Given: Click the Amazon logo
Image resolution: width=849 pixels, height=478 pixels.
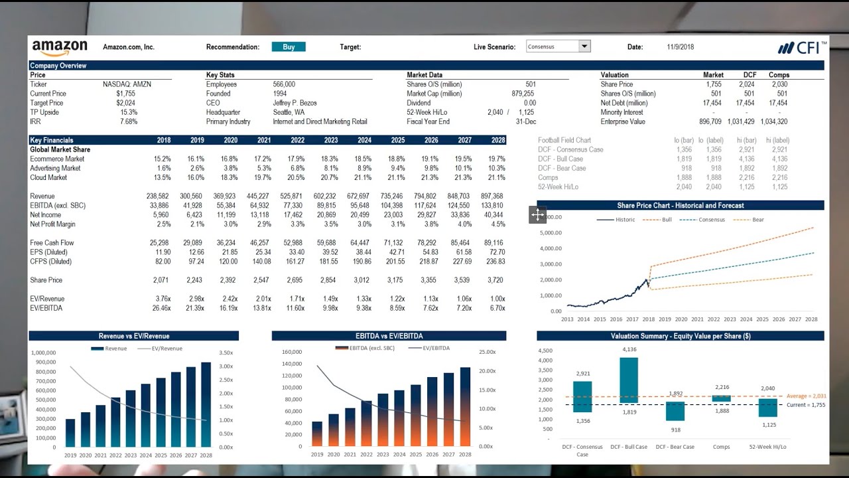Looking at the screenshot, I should coord(60,48).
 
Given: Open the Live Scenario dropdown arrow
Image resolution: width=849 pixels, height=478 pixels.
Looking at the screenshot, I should coord(584,46).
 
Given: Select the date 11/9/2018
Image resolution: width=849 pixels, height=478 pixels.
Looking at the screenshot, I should coord(681,47).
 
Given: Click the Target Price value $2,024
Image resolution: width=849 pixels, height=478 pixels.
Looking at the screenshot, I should coord(125,103).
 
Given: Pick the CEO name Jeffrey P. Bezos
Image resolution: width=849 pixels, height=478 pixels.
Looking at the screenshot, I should coord(295,103).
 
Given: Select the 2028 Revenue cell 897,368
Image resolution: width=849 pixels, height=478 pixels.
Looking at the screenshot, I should coord(491,197).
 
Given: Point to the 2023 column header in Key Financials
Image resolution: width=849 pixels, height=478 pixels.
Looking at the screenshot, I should coord(330,140).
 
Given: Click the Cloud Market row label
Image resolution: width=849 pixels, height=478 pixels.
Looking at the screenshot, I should coord(48,177).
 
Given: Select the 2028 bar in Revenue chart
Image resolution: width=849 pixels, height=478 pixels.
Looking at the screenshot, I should coord(206,404).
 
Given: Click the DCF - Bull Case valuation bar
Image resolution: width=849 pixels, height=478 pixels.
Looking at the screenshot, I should coord(629,380).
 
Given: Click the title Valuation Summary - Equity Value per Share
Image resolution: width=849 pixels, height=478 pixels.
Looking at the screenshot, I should coord(681,337).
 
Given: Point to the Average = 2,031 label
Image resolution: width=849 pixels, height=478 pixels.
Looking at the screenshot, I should coord(806,396).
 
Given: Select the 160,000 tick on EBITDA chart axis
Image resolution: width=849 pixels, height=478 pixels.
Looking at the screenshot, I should coord(292,352).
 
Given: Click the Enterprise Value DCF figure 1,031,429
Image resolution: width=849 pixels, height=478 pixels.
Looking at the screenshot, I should coord(740,121).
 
